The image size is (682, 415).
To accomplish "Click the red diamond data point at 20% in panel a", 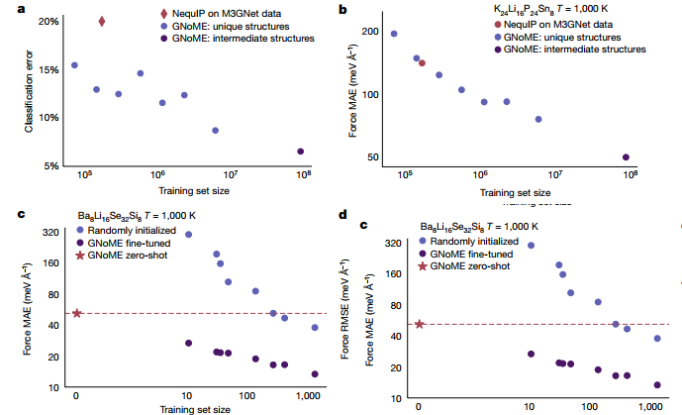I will point(102,21).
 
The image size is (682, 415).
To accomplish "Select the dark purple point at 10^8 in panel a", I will point(300,152).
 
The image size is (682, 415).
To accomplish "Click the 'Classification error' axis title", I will point(30,91).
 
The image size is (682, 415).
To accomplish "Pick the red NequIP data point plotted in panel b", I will point(422,62).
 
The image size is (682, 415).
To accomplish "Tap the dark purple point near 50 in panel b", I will point(626,156).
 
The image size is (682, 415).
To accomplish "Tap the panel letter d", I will point(342,213).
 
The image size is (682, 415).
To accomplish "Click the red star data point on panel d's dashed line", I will point(420,324).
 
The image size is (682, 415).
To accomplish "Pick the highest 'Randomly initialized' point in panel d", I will point(531,245).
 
